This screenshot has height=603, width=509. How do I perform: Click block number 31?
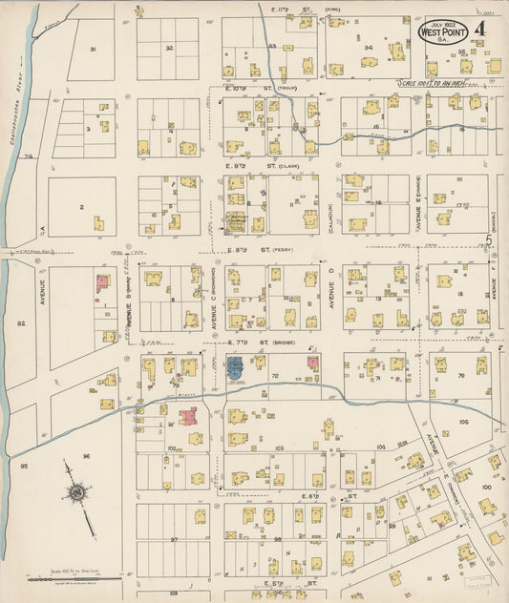coord(94,49)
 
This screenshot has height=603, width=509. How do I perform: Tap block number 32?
coord(168,47)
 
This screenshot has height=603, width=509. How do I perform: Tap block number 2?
coord(82,206)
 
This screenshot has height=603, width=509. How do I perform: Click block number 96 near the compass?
coord(85,456)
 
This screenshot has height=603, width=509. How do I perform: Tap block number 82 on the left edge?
coord(21,323)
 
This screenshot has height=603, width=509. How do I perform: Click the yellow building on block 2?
coord(98,222)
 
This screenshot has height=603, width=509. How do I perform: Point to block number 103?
coord(280,447)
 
